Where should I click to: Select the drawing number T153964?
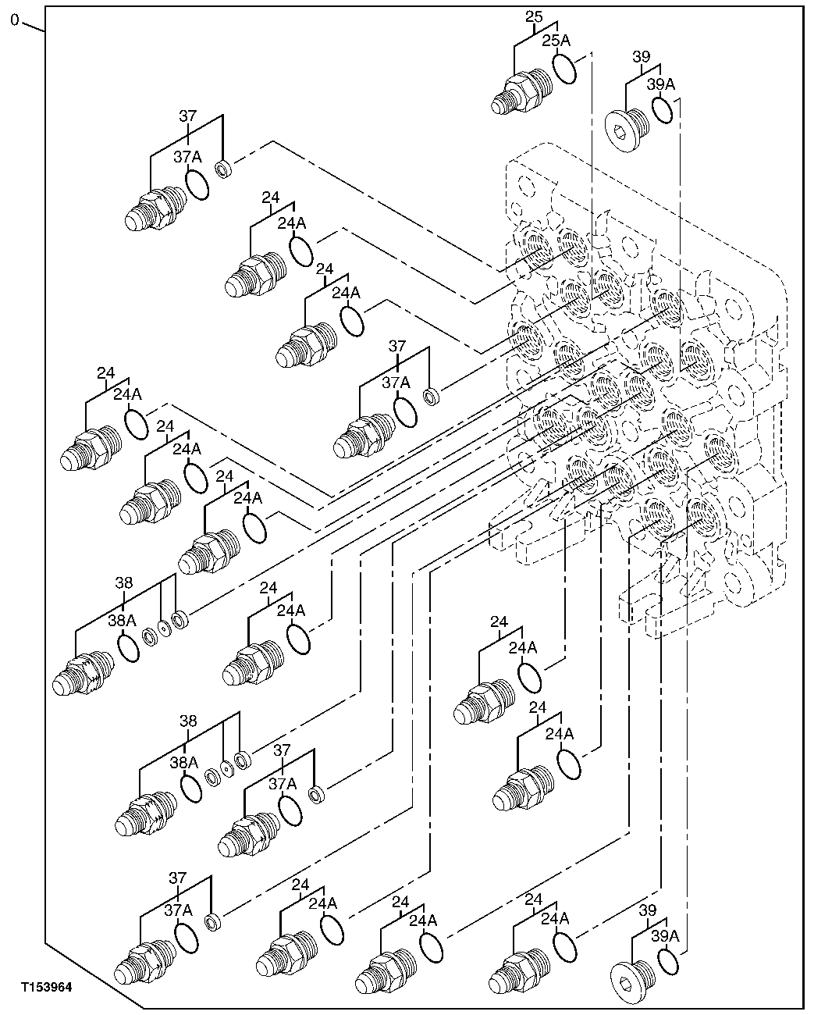coord(47,988)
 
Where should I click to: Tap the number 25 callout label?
coord(533,16)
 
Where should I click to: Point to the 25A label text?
coord(556,41)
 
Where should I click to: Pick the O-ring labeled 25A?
coord(564,68)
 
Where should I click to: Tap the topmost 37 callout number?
coord(188,116)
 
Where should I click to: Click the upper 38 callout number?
coord(124,582)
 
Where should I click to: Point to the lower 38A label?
coord(184,761)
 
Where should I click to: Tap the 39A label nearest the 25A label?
coord(661,84)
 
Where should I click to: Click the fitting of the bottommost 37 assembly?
coord(144,960)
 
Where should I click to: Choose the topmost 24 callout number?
coord(271,198)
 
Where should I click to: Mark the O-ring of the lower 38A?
coord(191,789)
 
